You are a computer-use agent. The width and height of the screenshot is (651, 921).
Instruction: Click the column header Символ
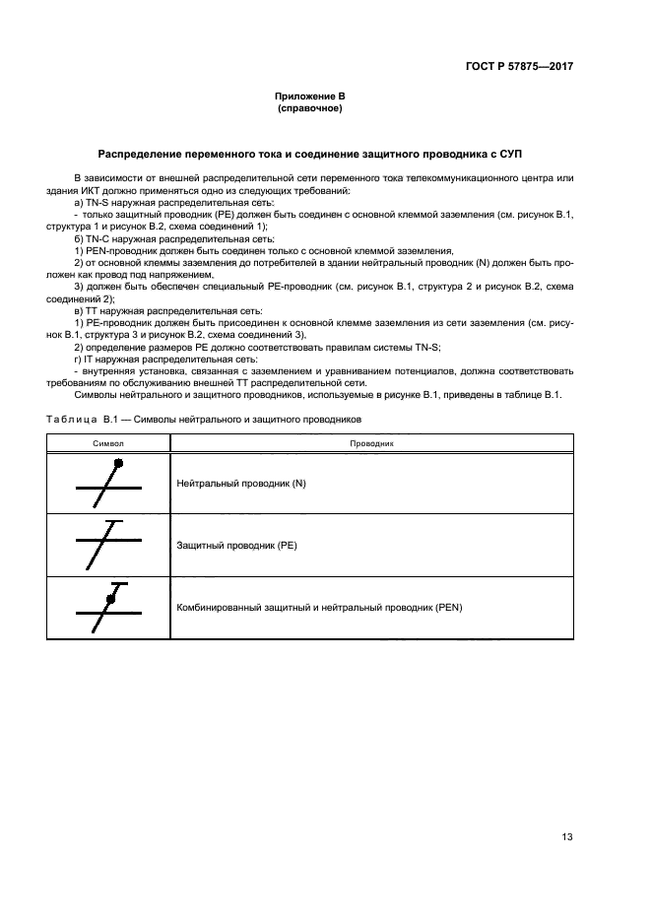[108, 444]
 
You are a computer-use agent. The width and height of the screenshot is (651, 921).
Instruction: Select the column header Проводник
[371, 444]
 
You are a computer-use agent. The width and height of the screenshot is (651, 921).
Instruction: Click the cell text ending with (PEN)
[319, 608]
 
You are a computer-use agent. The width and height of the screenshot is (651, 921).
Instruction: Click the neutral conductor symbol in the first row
[108, 484]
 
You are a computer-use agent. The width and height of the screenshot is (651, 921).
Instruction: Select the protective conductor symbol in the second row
[108, 544]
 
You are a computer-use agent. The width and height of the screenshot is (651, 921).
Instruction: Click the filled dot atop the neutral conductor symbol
[119, 463]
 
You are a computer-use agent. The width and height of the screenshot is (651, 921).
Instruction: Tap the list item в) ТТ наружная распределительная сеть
[163, 310]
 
